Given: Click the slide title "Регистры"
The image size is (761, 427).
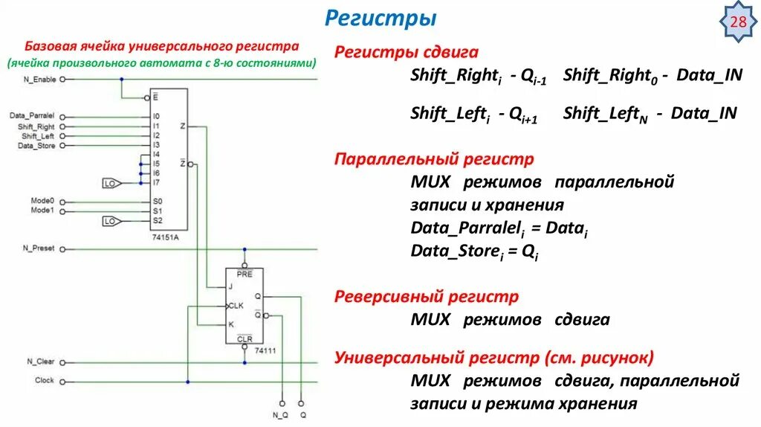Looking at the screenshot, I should pos(380,18).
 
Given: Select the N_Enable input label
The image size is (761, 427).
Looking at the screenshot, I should pos(39,78).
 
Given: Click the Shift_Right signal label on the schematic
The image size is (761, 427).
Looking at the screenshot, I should pos(36,127).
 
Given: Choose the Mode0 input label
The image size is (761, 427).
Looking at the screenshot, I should pos(43,202).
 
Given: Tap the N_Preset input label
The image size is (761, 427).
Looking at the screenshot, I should pos(39,248).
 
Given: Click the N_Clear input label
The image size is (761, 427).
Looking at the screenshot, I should pos(41,362).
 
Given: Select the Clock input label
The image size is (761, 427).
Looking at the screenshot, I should pos(45,381).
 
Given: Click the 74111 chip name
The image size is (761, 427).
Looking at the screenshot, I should pos(265,349).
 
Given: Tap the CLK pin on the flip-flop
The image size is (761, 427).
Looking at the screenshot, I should pos(236,305).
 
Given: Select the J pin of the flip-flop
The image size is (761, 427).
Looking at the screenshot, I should pos(231,286).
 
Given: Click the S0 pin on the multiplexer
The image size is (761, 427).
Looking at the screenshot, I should pos(157,202).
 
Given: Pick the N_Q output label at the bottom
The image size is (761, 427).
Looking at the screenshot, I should pos(280,414).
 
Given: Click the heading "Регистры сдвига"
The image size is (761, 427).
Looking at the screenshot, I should pos(407,53).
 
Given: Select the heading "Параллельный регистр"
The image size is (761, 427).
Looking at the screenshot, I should pos(434,159).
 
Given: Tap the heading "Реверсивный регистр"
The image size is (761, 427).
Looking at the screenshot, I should pos(427,297).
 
